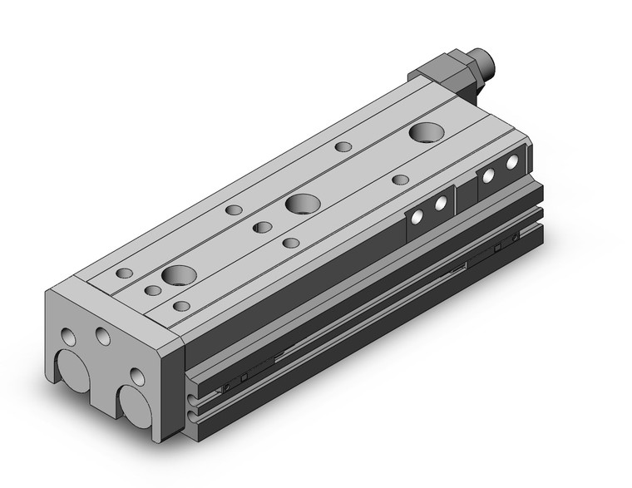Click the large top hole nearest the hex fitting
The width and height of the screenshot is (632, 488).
coord(427,131)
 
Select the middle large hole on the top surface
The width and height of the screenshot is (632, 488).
coord(301,203)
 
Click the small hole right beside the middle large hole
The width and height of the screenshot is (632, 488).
coord(262,227)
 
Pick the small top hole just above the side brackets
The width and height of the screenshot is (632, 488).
coord(400,180)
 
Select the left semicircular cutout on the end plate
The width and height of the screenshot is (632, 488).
coord(73,371)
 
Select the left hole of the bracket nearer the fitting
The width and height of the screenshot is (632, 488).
coord(489,175)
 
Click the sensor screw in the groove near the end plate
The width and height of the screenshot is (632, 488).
coord(226,387)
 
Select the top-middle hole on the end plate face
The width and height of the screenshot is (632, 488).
coord(103,335)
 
